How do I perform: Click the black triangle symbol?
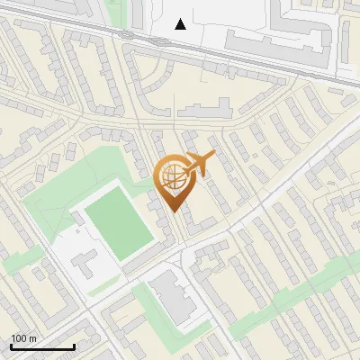(x=180, y=24)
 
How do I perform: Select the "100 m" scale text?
(x=23, y=338)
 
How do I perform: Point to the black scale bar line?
(x=41, y=346)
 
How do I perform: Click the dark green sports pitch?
(x=120, y=220)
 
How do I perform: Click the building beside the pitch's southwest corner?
(x=84, y=262)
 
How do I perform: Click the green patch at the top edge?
(x=115, y=11)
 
